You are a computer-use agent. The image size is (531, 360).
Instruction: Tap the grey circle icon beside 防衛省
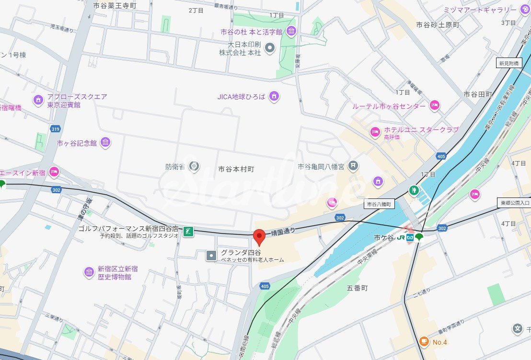tap(194, 166)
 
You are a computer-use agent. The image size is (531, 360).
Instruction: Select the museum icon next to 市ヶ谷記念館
tap(105, 143)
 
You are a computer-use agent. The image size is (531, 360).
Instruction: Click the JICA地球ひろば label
tap(241, 97)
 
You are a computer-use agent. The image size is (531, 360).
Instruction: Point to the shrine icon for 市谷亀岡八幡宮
tap(353, 166)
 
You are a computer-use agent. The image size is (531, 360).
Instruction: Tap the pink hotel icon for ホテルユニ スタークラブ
tap(375, 131)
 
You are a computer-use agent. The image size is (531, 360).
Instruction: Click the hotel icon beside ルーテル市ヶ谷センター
tap(435, 106)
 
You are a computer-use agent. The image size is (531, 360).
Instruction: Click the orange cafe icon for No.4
tap(424, 341)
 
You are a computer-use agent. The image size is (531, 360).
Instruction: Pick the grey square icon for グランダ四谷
tap(211, 255)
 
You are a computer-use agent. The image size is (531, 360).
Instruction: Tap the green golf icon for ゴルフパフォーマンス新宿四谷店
tap(189, 232)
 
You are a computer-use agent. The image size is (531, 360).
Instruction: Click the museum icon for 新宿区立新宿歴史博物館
tap(89, 272)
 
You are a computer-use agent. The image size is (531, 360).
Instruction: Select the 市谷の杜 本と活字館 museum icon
tap(291, 32)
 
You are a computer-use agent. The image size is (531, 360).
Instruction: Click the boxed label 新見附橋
tap(508, 63)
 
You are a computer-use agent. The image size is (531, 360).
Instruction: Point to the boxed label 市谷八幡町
tap(379, 204)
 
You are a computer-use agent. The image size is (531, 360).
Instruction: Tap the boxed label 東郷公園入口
tap(513, 202)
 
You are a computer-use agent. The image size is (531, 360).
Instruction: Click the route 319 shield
tap(55, 129)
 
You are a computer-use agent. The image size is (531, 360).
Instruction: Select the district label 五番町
tap(357, 288)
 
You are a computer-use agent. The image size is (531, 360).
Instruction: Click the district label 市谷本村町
tap(236, 169)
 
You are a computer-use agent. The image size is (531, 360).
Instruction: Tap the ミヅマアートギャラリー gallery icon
tap(524, 9)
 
